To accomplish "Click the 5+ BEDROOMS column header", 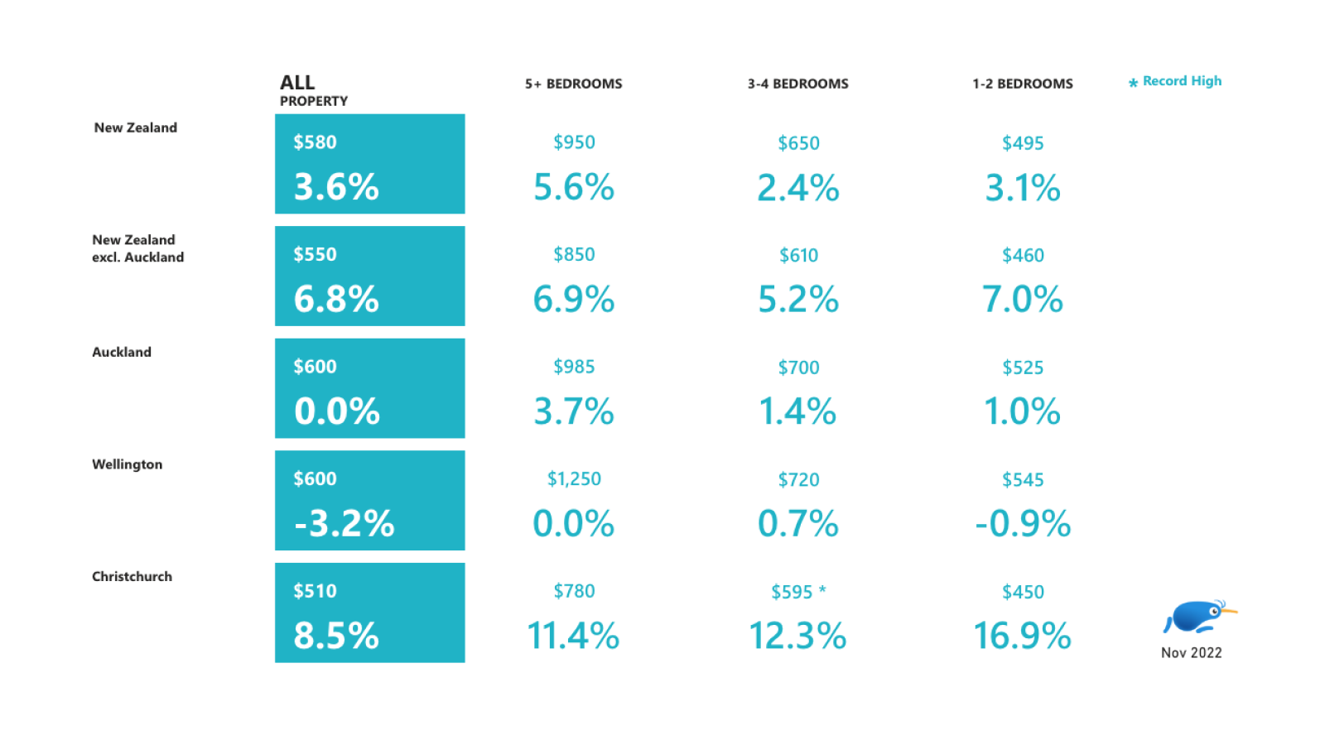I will [x=573, y=84].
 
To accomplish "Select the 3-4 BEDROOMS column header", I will [x=797, y=84].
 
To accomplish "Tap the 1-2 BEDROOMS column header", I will [x=1022, y=84].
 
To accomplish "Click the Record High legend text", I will [x=1182, y=81].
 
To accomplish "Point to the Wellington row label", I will [x=127, y=464].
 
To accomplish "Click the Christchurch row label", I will [x=132, y=576].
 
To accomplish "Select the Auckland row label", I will [x=122, y=352].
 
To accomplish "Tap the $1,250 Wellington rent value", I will [x=574, y=479].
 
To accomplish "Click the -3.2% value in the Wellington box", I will [x=344, y=523].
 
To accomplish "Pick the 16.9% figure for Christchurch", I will [x=1022, y=636].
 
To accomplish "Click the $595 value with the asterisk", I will [x=792, y=592].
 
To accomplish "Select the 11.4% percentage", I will [x=573, y=636].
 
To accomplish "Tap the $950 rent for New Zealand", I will [x=574, y=142].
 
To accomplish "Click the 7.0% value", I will [x=1022, y=299].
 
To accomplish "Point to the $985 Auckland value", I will [x=574, y=367].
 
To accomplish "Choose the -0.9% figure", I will [x=1022, y=523].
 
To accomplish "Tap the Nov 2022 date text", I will [x=1191, y=653].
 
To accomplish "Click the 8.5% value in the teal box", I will [x=336, y=636].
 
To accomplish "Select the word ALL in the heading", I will [x=297, y=83].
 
